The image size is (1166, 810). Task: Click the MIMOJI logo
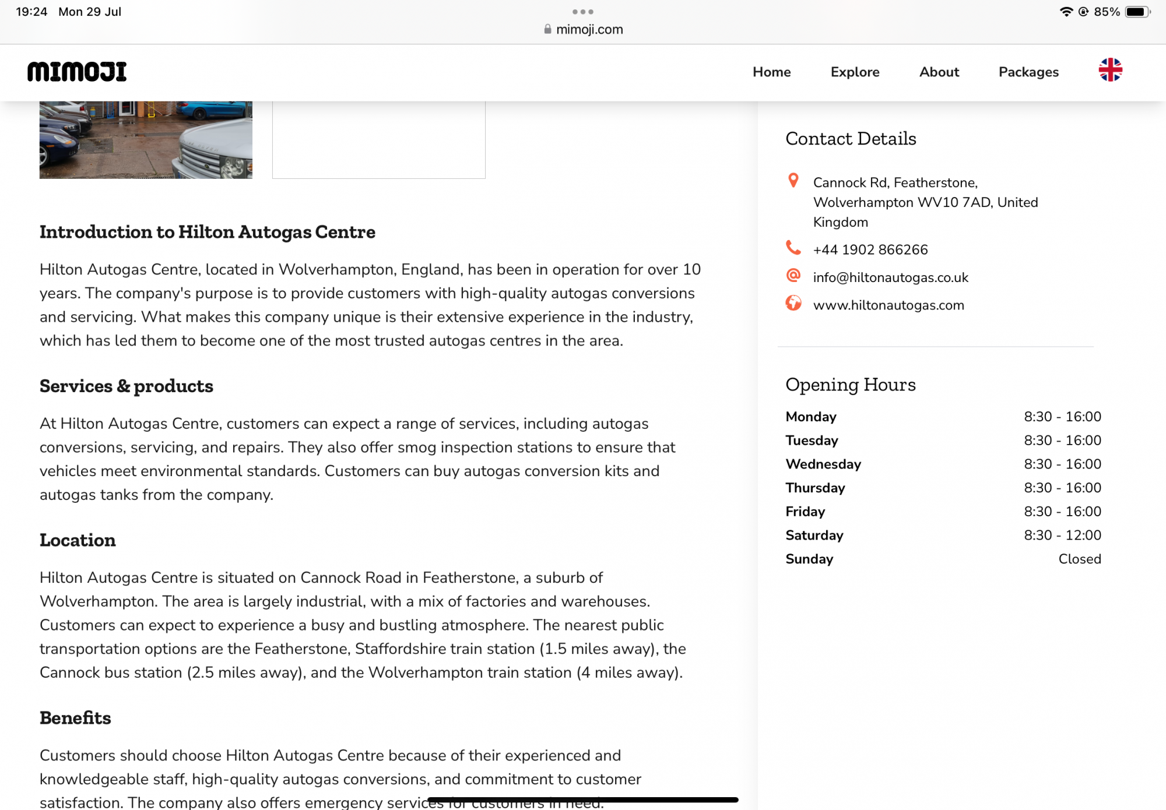pos(77,72)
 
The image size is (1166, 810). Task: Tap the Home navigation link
pos(771,72)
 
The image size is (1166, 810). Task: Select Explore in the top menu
pos(855,72)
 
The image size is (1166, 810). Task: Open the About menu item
pos(939,72)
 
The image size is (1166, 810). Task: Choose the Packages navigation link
pos(1028,72)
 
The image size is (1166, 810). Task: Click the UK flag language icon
pos(1110,70)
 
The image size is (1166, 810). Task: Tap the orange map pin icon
pos(793,181)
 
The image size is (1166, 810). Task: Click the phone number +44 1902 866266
pos(870,250)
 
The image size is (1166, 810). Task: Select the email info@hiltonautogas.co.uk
pos(890,277)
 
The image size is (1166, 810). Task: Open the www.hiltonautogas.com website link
pos(888,305)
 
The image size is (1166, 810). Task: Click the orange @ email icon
pos(793,275)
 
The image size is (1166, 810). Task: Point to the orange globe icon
pos(793,303)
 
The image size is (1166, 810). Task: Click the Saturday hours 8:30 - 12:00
pos(1062,535)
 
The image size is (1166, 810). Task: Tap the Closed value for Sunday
pos(1079,559)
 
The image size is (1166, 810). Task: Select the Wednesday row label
pos(823,464)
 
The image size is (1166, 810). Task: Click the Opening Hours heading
pos(850,385)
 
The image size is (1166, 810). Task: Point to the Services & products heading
pos(127,386)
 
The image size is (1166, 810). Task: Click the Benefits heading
pos(75,718)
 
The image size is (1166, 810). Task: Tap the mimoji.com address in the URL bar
pos(589,30)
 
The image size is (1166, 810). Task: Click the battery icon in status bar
pos(1137,12)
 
